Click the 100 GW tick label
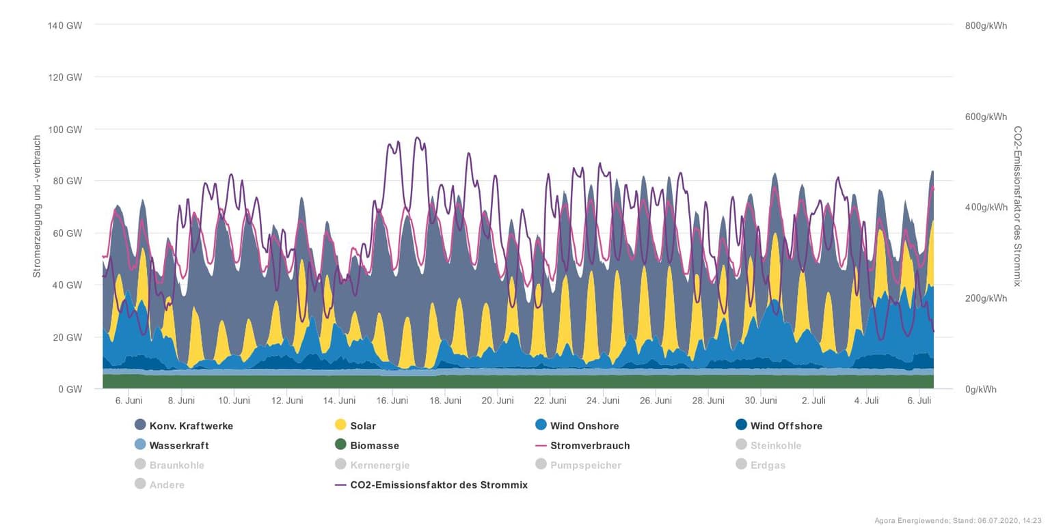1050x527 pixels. [64, 129]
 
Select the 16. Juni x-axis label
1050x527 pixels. [392, 401]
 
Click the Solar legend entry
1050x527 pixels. [363, 426]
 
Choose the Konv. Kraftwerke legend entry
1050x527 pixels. [191, 426]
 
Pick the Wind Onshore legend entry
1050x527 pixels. [584, 426]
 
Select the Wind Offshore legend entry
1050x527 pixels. [786, 426]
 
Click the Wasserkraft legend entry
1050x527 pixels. [179, 446]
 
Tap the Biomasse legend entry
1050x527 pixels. [374, 446]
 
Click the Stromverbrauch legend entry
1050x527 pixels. [590, 446]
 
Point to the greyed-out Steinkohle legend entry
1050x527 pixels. [775, 446]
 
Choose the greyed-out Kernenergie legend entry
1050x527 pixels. [379, 466]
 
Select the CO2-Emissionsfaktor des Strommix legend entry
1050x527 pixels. [438, 485]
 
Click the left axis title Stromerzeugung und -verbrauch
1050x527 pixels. [38, 206]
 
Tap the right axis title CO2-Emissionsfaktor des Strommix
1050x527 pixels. [1017, 206]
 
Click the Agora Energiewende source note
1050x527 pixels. [958, 521]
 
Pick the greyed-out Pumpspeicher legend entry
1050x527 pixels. [586, 466]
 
